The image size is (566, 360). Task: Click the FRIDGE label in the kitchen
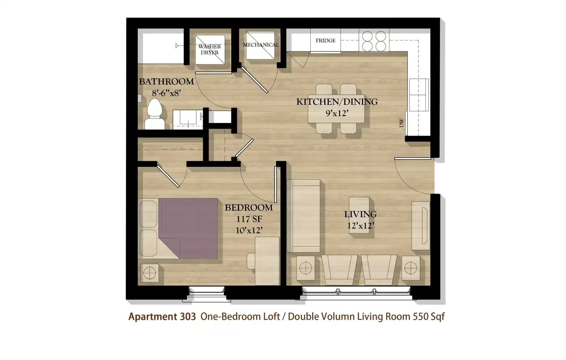click(x=325, y=41)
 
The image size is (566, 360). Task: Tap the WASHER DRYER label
click(x=209, y=49)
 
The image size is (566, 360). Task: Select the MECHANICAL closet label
click(x=261, y=45)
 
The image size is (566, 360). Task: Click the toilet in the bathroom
click(x=155, y=114)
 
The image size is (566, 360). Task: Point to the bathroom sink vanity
click(x=188, y=119)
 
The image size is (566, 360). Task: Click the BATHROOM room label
click(x=167, y=82)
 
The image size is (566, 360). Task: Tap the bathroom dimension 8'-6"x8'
click(x=167, y=93)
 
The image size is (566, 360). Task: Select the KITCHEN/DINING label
click(x=337, y=102)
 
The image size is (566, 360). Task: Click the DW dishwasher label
click(x=401, y=123)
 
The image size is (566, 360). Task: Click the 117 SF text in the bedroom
click(x=249, y=219)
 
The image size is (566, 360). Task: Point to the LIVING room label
click(x=360, y=214)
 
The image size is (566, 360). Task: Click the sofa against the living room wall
click(x=304, y=216)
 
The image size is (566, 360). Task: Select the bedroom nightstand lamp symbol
click(x=149, y=273)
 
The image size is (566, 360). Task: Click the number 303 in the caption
click(x=188, y=316)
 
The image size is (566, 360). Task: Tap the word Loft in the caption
click(x=272, y=316)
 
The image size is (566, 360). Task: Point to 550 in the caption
click(x=421, y=316)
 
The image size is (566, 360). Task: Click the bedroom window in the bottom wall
click(x=206, y=294)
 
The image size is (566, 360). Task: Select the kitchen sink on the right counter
click(x=419, y=95)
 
